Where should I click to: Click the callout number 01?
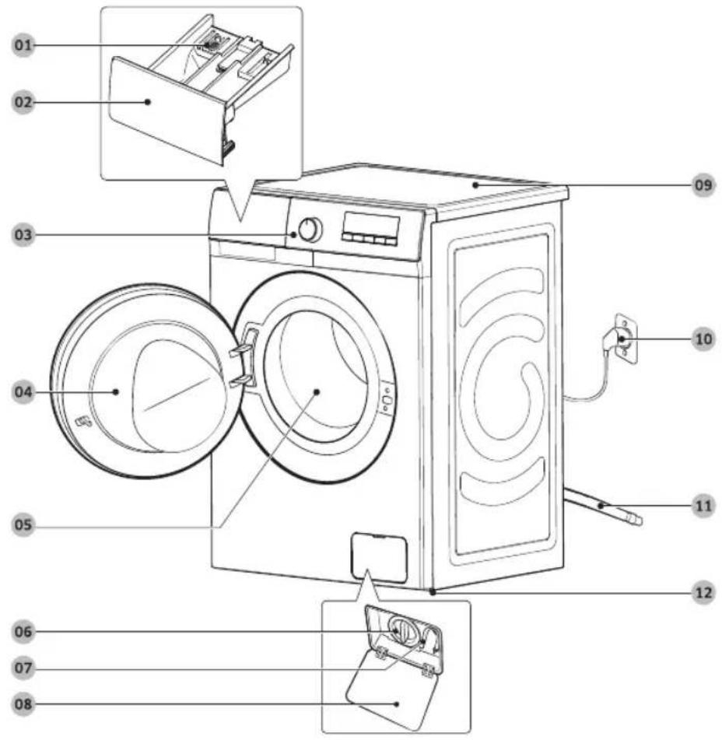pos(23,45)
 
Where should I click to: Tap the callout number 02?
pos(23,103)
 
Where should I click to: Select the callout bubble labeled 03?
pos(23,234)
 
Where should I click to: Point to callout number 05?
pos(23,524)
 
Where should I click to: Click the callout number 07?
pos(23,668)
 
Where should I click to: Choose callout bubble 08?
pos(23,704)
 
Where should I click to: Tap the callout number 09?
pos(703,184)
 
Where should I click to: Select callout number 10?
pos(703,338)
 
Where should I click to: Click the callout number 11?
pos(703,506)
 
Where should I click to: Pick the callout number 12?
pos(703,592)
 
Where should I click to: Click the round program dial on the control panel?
pos(310,230)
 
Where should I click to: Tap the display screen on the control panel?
pos(371,223)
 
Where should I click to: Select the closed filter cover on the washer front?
pos(378,557)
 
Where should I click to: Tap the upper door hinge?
pos(242,349)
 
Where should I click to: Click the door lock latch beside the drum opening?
pos(387,398)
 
